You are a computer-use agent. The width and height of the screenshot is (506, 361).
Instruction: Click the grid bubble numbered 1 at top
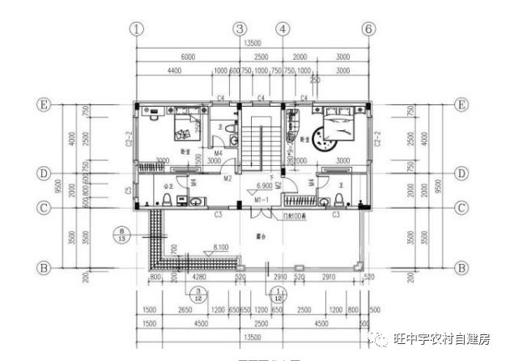click(138, 28)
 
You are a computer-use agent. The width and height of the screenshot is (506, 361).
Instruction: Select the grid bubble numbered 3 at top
click(239, 28)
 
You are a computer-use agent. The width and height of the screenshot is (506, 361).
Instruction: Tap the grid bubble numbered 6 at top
click(369, 28)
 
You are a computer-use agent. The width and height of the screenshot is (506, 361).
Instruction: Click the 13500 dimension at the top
click(252, 43)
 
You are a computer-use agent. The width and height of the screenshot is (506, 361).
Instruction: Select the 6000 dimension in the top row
click(188, 57)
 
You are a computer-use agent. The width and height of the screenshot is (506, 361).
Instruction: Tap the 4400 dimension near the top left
click(172, 71)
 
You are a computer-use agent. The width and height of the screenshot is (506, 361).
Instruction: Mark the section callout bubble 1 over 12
click(279, 295)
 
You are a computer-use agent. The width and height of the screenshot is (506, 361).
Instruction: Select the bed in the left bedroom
click(187, 128)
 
